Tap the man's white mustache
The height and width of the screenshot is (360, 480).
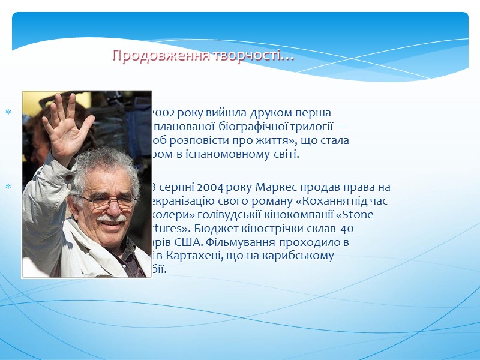pyautogui.click(x=112, y=219)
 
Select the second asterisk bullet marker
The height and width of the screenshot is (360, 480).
pyautogui.click(x=9, y=187)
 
